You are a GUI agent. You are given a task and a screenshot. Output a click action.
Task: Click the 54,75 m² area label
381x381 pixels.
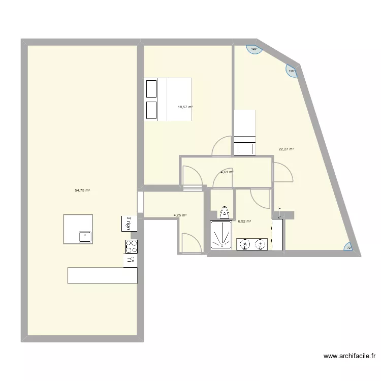coord(82,190)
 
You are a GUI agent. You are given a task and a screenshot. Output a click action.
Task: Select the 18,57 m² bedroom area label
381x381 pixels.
coord(185,107)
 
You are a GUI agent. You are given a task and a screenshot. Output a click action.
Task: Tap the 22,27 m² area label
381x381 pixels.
coord(287,149)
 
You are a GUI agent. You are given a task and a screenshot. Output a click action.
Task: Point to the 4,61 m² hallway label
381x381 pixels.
coord(227,172)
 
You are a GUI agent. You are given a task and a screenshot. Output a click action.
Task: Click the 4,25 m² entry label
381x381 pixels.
coord(180,215)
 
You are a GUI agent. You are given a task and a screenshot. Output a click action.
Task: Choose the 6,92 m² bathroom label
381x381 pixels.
coord(245,221)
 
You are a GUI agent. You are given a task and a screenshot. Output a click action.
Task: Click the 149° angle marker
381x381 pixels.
coord(254,50)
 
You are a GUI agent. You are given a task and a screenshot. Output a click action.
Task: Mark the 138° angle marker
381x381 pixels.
coord(292,71)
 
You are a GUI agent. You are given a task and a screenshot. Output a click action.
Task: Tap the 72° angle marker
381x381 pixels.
coord(349,247)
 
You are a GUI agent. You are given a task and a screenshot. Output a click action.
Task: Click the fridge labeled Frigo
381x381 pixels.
coord(129,224)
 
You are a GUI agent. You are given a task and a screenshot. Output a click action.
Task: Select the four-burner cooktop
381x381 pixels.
coord(132,246)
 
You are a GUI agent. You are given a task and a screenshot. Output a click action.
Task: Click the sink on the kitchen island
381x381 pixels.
coord(85,236)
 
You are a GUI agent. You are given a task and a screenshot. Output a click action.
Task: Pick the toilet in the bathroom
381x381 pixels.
coord(225,212)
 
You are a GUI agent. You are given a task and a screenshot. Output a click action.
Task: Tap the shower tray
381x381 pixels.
coord(221,236)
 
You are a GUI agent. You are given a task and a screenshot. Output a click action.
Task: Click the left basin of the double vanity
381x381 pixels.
coord(245,245)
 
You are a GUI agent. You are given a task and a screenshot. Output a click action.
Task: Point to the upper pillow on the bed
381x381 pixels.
coord(151,89)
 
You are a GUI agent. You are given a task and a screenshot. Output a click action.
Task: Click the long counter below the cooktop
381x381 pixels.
coord(103,275)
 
